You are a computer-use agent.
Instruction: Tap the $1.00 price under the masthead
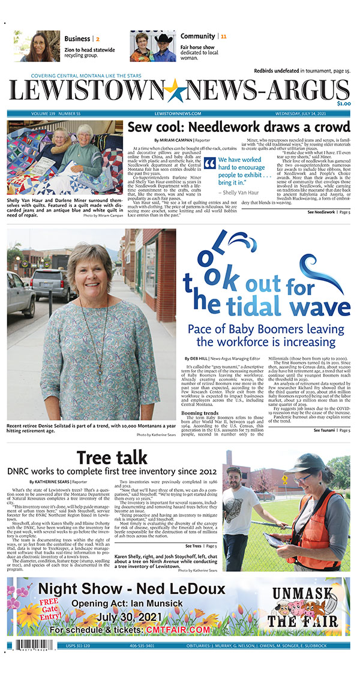tap(343, 104)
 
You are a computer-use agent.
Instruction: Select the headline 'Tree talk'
tap(112, 457)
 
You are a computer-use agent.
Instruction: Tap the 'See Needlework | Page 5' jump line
tap(329, 212)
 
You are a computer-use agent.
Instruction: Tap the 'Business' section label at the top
tap(78, 38)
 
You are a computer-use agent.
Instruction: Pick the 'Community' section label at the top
tap(197, 37)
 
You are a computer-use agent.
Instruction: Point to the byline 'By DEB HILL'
tap(199, 358)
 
